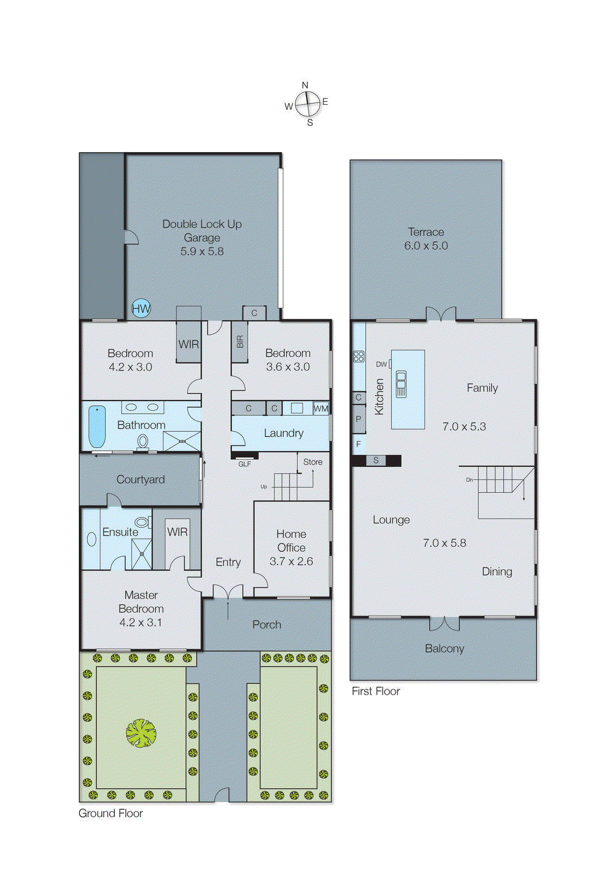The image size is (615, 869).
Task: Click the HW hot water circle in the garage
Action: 141,309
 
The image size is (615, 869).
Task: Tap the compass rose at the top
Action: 308,103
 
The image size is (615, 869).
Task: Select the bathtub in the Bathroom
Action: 97,426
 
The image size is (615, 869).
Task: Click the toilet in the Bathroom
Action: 143,442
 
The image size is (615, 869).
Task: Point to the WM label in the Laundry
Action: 321,408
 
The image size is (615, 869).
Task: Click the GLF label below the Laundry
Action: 245,464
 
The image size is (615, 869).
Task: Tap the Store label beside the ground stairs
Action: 313,462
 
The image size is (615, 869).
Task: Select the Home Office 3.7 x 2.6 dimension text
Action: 291,562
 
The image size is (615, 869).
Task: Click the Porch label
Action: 267,625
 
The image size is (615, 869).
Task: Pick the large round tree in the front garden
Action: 141,733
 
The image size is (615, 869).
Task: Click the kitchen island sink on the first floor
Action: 401,383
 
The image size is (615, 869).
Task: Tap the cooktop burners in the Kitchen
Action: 358,356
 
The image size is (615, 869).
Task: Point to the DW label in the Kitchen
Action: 381,364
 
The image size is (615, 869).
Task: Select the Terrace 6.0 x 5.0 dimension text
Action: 426,245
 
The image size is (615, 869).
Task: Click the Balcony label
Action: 444,648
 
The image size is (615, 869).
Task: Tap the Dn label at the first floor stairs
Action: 469,480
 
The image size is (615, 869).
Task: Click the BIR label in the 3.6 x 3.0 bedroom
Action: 240,342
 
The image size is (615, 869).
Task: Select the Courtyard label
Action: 141,480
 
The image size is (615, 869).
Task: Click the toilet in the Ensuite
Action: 142,522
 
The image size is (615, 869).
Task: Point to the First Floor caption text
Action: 376,691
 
